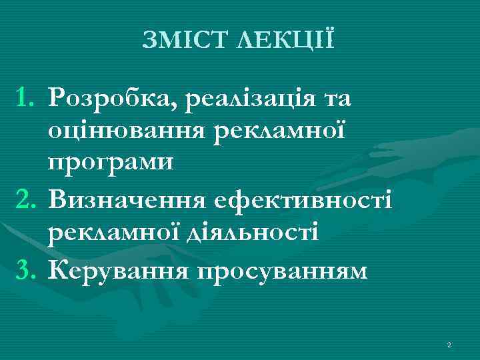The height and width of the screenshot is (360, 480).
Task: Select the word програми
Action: coord(110,161)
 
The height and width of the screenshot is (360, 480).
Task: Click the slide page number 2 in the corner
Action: coord(449,345)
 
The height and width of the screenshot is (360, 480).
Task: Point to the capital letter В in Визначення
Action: coord(58,199)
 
